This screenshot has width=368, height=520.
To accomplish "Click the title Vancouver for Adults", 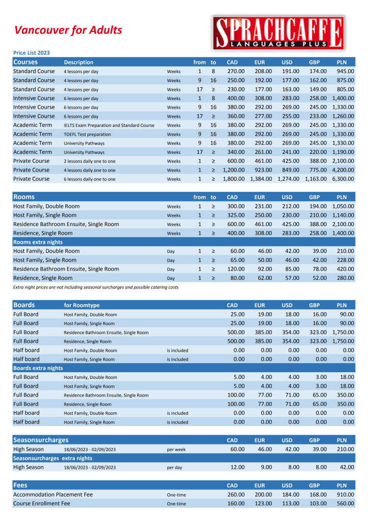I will [68, 30].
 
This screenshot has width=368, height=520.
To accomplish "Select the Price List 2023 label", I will [32, 53].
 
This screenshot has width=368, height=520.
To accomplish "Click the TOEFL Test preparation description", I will [87, 135].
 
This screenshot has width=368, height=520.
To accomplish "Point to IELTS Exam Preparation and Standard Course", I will [109, 125].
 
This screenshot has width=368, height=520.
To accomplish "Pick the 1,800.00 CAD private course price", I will [234, 179].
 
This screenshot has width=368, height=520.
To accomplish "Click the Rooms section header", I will [24, 197].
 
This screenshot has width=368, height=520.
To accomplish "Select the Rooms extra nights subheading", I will [38, 242].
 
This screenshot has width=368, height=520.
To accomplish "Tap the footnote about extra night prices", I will [96, 287].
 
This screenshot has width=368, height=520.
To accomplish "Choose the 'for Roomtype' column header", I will [82, 306].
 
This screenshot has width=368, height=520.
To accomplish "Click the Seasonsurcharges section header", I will [41, 440].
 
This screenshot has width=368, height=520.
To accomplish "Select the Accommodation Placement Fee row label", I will [53, 495].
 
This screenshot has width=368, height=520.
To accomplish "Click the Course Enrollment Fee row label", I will [42, 504].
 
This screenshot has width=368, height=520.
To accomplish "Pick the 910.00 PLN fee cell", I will [345, 495].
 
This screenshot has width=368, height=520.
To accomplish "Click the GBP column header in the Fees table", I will [314, 485].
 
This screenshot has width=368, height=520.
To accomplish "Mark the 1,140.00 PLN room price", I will [343, 215].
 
